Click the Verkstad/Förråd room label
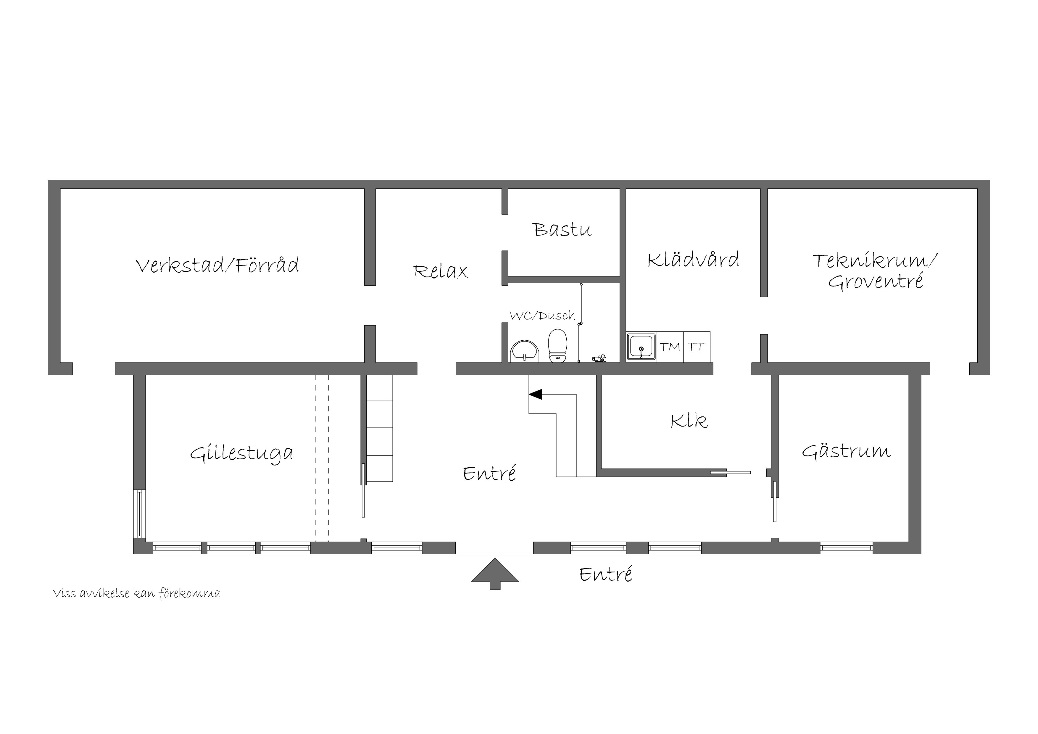point(217,265)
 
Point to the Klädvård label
point(693,260)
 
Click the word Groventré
point(875,281)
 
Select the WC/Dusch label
point(542,315)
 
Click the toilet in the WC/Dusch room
point(557,345)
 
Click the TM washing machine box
point(670,347)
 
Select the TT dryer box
point(697,347)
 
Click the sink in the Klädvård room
point(641,347)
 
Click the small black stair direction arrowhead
point(535,394)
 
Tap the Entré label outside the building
point(606,574)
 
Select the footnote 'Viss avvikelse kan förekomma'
point(136,594)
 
